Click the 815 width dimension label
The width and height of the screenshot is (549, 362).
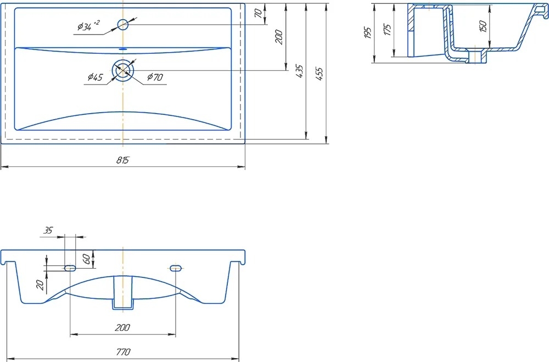coord(122,160)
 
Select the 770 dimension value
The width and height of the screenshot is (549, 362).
coord(123,352)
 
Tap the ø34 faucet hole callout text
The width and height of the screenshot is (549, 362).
coord(88,26)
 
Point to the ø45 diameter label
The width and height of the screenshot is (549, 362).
coord(95,77)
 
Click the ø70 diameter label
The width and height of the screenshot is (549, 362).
coord(155,77)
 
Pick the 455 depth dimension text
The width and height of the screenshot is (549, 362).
coord(320,74)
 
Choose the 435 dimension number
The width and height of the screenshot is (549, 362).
coord(299,71)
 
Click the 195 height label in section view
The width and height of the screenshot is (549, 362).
coord(367,32)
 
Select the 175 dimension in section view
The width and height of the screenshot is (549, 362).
coord(387,30)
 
